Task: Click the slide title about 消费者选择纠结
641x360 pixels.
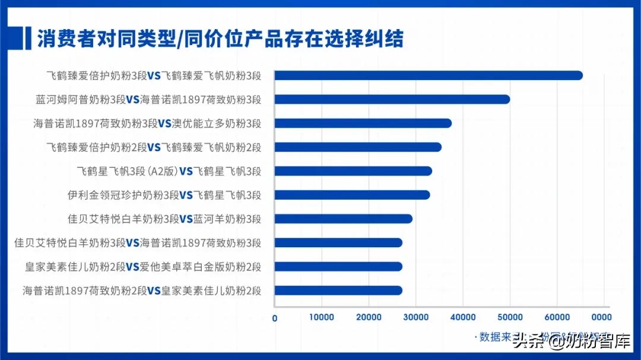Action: pyautogui.click(x=220, y=39)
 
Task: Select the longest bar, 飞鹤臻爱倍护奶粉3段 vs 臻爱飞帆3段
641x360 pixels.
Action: pyautogui.click(x=428, y=75)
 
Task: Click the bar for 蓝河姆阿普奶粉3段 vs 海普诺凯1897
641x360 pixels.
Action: pyautogui.click(x=392, y=99)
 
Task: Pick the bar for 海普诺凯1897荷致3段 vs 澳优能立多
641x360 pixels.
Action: pyautogui.click(x=363, y=123)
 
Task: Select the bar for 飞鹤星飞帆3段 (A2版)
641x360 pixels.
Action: pyautogui.click(x=353, y=171)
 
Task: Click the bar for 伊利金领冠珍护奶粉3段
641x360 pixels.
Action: pyautogui.click(x=352, y=195)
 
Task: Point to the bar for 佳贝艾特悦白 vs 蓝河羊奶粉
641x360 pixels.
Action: pyautogui.click(x=343, y=219)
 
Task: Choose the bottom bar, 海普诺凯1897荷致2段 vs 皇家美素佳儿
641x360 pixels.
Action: pyautogui.click(x=338, y=290)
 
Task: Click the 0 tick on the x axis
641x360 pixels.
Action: pyautogui.click(x=275, y=318)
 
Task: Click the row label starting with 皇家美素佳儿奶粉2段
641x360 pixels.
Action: pyautogui.click(x=143, y=266)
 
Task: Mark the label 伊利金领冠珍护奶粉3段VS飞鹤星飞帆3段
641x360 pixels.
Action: pyautogui.click(x=165, y=195)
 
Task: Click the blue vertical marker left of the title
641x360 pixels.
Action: pyautogui.click(x=28, y=39)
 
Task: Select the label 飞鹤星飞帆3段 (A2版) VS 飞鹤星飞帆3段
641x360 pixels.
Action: pyautogui.click(x=169, y=171)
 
